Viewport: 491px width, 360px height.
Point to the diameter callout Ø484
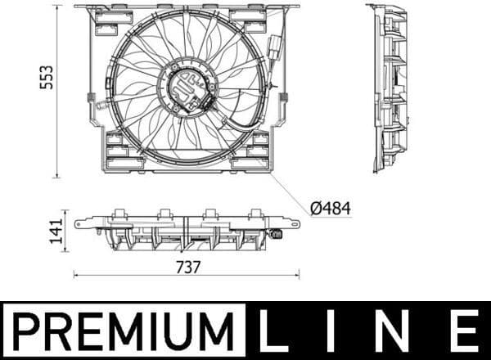(331, 209)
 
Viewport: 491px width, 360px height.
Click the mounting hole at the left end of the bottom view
(79, 223)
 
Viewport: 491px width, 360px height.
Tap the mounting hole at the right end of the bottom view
(292, 221)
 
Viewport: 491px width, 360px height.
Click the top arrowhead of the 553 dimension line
(56, 7)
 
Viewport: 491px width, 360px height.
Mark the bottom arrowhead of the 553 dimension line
(56, 174)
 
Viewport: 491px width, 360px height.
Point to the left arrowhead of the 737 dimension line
(76, 275)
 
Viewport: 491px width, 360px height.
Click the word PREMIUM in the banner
(123, 331)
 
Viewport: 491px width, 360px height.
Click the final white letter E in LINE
(464, 331)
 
